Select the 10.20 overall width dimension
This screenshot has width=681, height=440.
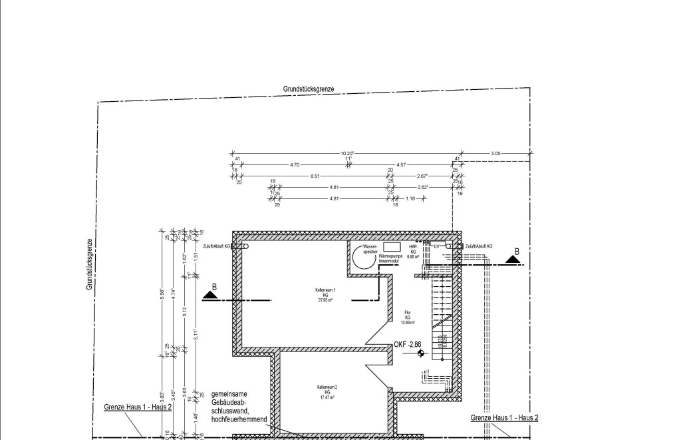pyautogui.click(x=346, y=153)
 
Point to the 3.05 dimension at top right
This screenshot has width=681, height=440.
pyautogui.click(x=496, y=153)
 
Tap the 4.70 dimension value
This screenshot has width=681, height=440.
pyautogui.click(x=295, y=164)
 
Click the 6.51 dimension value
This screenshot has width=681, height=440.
pyautogui.click(x=315, y=176)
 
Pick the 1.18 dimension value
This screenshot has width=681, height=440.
pyautogui.click(x=410, y=198)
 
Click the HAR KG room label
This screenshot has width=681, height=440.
pyautogui.click(x=412, y=250)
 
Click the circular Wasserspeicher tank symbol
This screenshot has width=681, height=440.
pyautogui.click(x=364, y=258)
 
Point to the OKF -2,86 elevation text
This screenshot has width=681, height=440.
pyautogui.click(x=408, y=344)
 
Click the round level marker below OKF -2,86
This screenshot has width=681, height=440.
pyautogui.click(x=420, y=353)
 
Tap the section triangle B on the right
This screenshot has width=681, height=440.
pyautogui.click(x=512, y=258)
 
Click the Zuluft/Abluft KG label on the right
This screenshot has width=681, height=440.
pyautogui.click(x=479, y=246)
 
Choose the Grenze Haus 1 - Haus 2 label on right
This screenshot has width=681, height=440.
pyautogui.click(x=504, y=418)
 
